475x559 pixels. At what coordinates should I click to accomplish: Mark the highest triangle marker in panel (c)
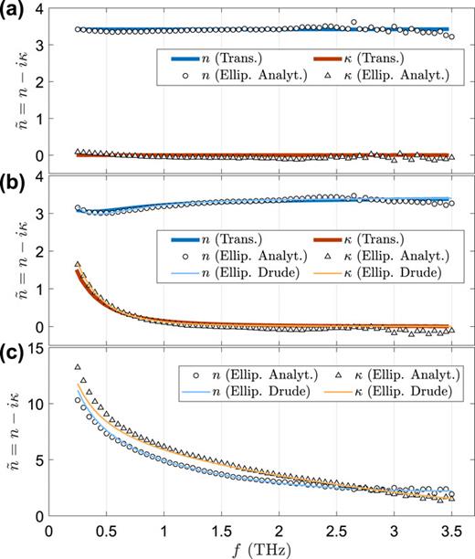[x=78, y=367]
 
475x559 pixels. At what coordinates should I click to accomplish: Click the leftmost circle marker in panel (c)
[x=78, y=400]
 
